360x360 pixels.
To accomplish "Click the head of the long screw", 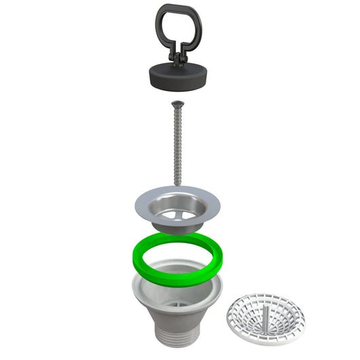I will tap(179, 103).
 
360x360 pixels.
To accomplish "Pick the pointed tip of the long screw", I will tap(179, 183).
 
